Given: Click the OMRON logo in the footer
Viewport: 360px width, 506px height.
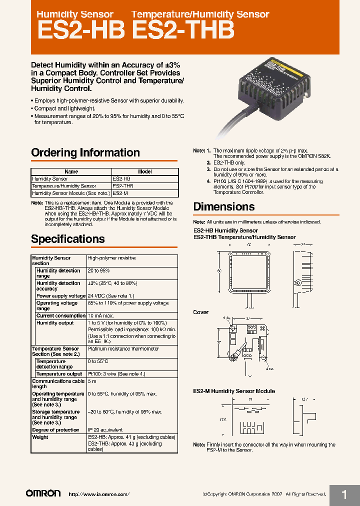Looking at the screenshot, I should [43, 493].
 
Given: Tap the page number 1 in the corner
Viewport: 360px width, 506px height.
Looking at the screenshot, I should [344, 494].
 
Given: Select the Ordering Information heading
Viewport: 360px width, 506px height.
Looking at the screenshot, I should [85, 152].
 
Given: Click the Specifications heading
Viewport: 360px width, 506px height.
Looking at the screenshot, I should [68, 238].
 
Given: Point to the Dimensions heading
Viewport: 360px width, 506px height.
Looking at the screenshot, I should [223, 206].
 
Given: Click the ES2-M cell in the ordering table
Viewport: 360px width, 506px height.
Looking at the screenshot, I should [120, 193].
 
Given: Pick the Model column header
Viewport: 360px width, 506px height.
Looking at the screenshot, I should [144, 171].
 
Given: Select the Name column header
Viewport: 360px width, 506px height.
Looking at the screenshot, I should [71, 171].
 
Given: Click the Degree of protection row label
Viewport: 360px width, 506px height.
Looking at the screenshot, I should [55, 430].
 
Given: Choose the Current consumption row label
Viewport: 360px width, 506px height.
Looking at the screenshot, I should [61, 315].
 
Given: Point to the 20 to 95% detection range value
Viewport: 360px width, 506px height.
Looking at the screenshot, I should [98, 270].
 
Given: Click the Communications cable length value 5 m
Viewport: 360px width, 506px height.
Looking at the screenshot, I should [92, 381].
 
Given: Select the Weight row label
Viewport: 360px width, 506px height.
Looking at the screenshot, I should [40, 437].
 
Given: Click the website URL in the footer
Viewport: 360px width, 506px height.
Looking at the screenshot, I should [98, 494].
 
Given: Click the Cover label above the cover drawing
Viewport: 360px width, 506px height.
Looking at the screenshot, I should [201, 312].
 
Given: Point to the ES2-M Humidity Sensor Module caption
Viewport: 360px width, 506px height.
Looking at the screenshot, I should [234, 391].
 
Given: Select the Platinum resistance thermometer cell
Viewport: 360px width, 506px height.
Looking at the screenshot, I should [123, 348].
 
